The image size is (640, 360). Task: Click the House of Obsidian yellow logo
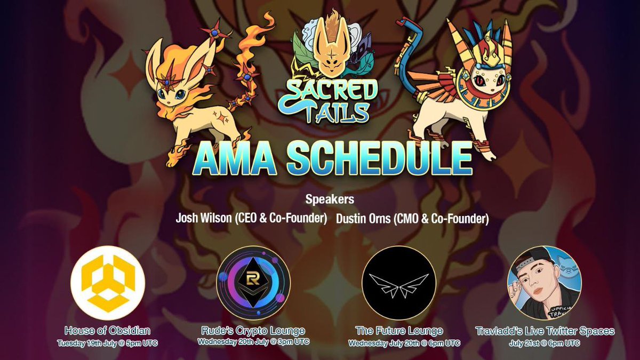[x=108, y=282]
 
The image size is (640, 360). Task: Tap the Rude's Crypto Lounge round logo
[x=253, y=283]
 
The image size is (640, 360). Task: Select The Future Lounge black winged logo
[x=398, y=283]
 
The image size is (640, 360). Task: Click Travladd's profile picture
[x=544, y=283]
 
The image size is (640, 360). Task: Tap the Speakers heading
[x=330, y=201]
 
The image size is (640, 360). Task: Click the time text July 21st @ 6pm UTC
[x=544, y=342]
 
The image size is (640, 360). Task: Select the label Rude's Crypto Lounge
[x=253, y=330]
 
